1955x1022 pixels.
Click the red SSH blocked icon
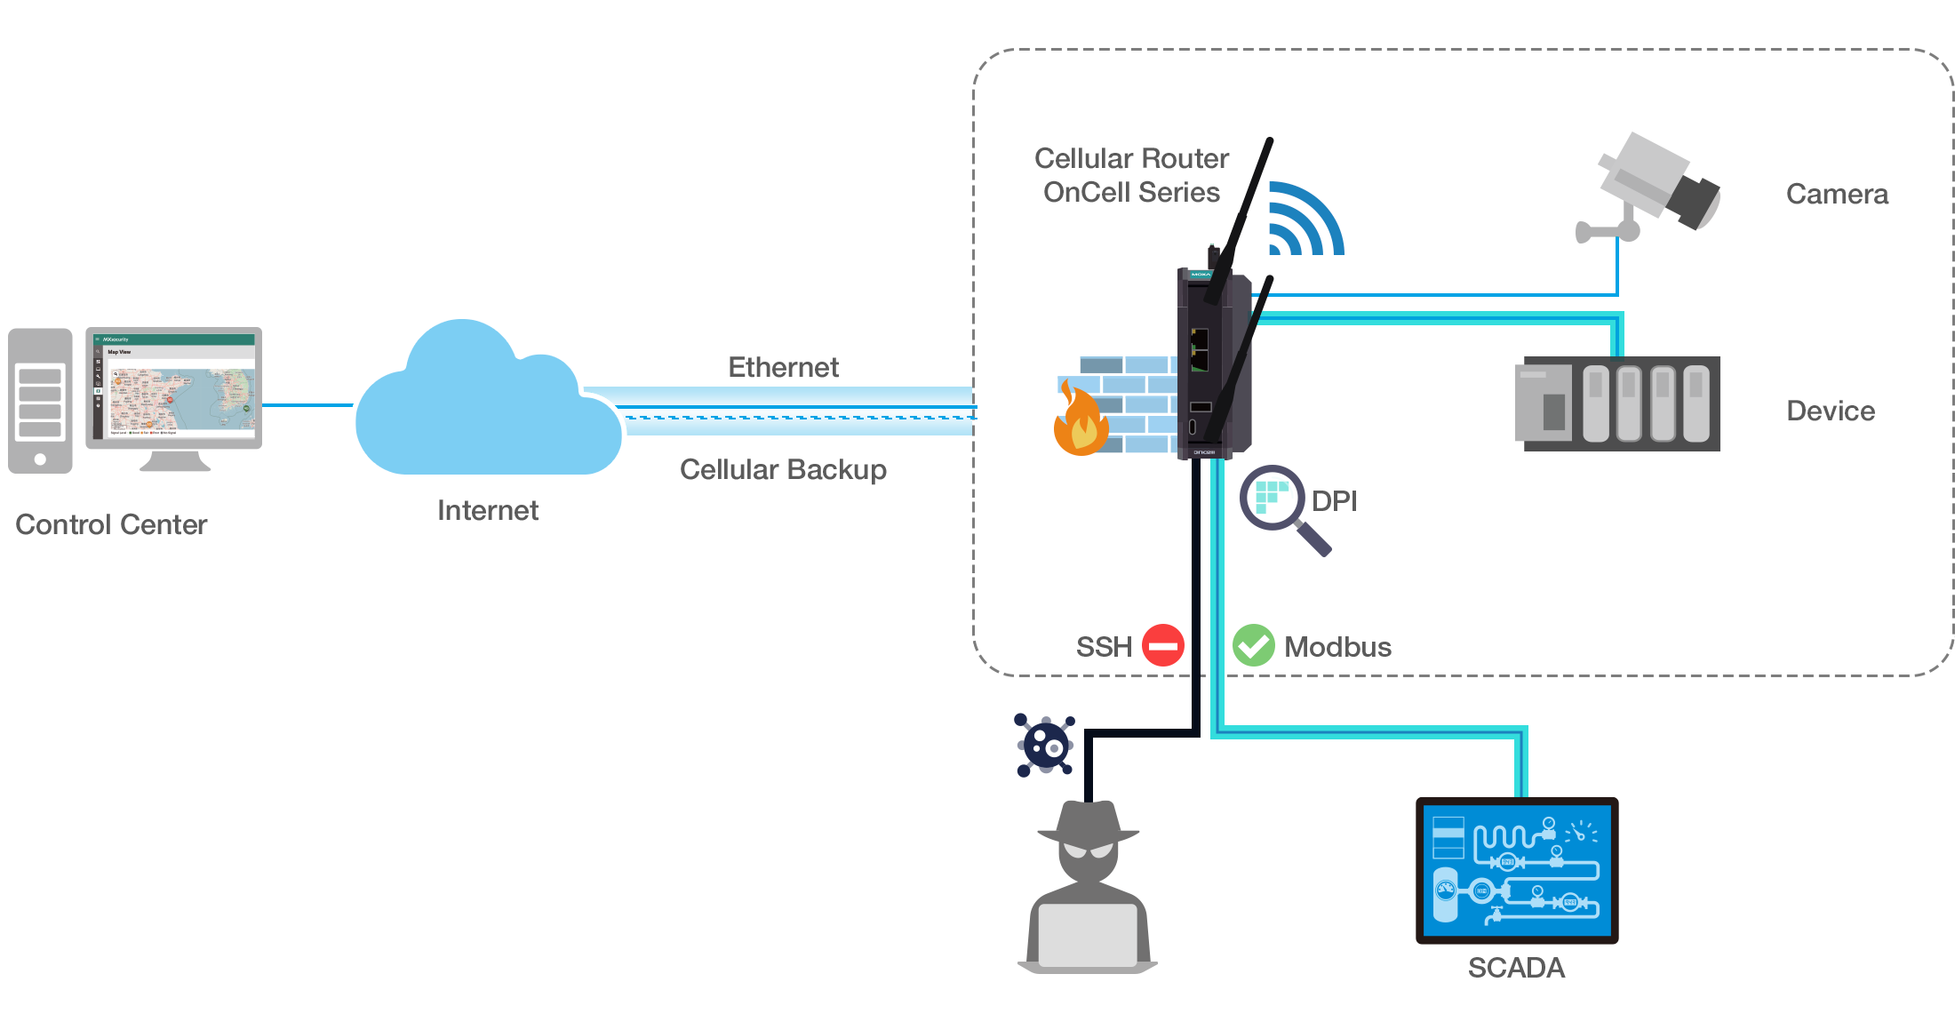tap(1162, 645)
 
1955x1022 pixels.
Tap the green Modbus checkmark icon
tap(1253, 645)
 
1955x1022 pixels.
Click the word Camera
tap(1837, 194)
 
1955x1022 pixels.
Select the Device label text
tap(1831, 411)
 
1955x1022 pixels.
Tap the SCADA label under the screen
tap(1516, 968)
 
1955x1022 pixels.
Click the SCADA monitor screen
tap(1517, 870)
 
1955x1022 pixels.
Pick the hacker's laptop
tap(1088, 936)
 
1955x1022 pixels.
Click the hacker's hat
tap(1088, 822)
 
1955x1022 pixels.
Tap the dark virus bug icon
tap(1045, 745)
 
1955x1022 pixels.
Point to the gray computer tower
tap(40, 401)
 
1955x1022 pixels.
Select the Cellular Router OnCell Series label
tap(1131, 175)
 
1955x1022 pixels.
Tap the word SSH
tap(1104, 647)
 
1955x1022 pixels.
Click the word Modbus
tap(1337, 647)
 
